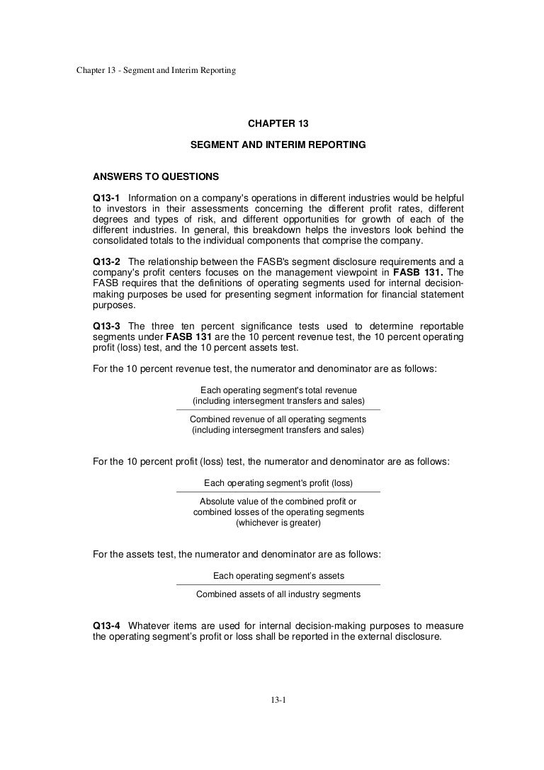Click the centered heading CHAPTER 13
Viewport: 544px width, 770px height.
tap(278, 123)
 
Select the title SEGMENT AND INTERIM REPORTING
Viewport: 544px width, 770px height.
tap(278, 145)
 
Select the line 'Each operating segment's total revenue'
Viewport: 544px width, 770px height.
tap(278, 390)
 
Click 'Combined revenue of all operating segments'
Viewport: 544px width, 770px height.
tap(278, 419)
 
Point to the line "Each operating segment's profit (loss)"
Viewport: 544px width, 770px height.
tap(278, 483)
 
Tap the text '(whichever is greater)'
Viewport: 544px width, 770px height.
tap(278, 523)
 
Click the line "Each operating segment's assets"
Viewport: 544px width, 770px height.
tap(278, 576)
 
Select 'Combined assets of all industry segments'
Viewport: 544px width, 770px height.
tap(278, 594)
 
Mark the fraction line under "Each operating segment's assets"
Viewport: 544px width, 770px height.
tap(278, 585)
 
